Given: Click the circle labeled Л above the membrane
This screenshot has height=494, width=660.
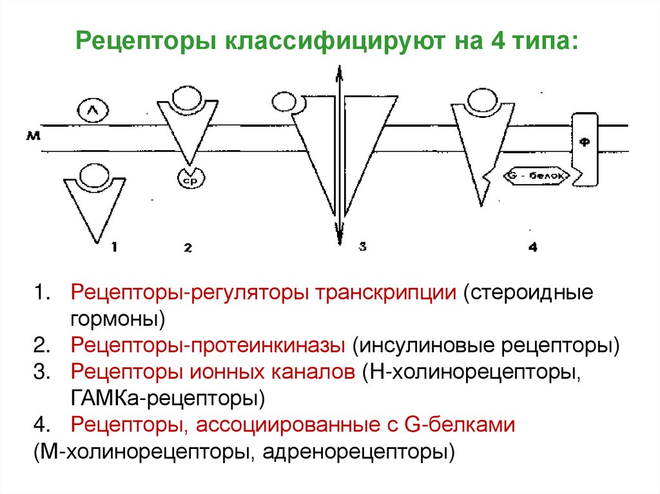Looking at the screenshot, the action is [x=91, y=111].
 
